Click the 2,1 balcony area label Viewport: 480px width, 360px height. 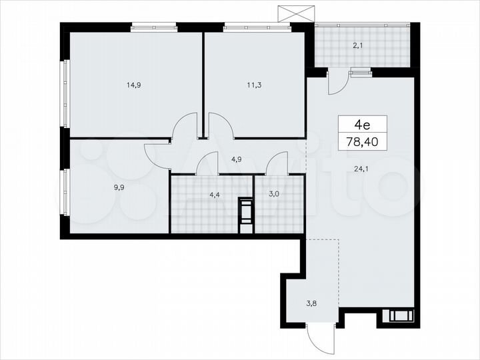click(358, 45)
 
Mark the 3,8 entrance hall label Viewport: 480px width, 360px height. click(311, 303)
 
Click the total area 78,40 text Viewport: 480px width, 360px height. click(361, 142)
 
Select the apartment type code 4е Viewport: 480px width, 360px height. click(361, 125)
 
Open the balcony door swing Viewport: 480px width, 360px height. click(337, 81)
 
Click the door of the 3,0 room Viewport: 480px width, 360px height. click(277, 164)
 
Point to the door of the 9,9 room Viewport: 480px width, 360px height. click(157, 155)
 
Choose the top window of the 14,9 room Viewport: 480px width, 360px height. click(153, 27)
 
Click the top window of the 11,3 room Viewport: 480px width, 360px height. click(247, 27)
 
